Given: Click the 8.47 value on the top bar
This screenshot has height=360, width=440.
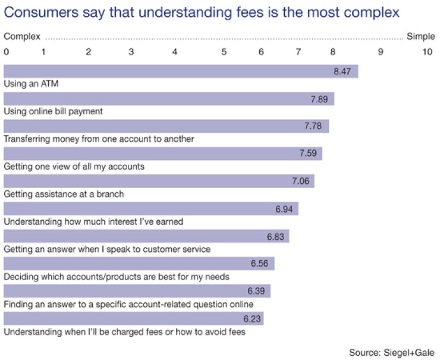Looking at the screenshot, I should pos(343,72).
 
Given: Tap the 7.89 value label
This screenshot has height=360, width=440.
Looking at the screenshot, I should pos(319,99).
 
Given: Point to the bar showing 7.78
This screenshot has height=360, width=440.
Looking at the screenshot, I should pos(166,127).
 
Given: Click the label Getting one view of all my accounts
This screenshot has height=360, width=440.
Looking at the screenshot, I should pos(74,167).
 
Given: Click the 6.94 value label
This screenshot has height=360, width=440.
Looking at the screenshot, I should pos(285,209).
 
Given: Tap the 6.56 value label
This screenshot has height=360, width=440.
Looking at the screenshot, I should pos(260,264).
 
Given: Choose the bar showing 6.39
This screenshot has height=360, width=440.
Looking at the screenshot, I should pos(137,291).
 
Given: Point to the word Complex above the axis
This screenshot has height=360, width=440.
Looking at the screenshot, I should pos(22,36).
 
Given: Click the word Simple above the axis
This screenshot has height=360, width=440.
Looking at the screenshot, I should pos(421,36).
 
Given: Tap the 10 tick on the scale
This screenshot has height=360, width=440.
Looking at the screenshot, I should pos(427,52).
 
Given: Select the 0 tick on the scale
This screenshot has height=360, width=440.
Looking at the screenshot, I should pos(7,52).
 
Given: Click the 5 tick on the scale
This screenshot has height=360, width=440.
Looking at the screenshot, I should pos(224,52).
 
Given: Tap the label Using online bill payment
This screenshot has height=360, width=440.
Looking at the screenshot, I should pos(54,111).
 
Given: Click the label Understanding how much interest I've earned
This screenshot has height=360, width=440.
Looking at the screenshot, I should pos(93,221).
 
